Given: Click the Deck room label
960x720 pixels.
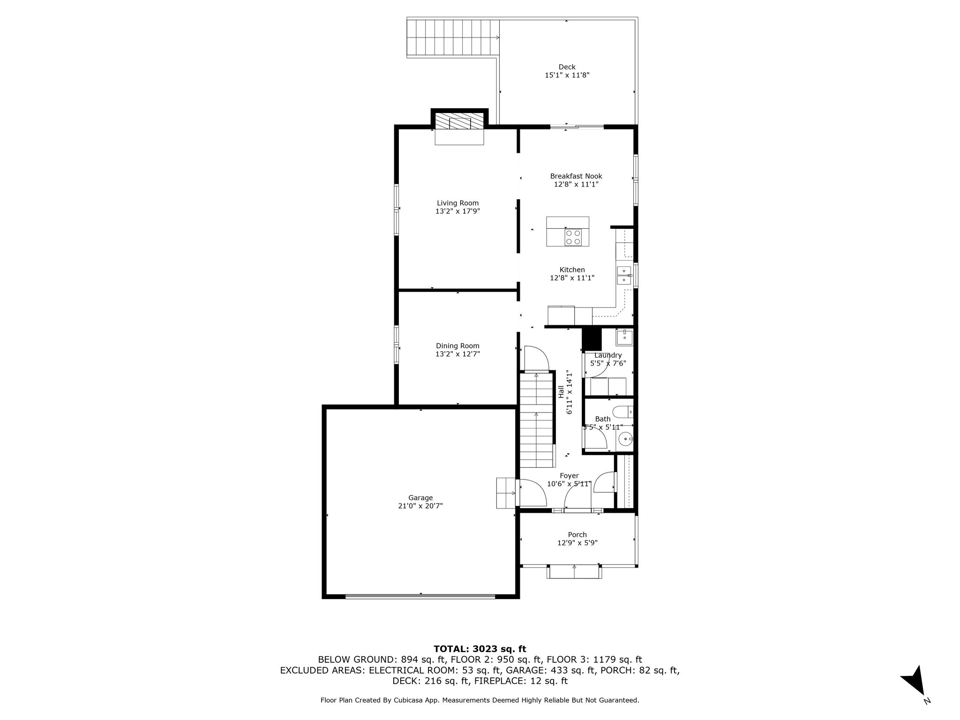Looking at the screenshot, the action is (567, 67).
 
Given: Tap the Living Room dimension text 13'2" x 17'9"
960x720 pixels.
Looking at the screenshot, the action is (457, 211).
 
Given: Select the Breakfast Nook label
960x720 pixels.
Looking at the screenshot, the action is (576, 176).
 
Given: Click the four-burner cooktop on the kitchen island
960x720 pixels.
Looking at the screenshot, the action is (573, 238).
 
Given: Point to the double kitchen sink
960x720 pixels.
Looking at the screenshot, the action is (624, 276).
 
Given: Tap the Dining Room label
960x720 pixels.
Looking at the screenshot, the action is (457, 346).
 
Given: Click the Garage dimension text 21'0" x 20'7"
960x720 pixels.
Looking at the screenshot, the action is (420, 506).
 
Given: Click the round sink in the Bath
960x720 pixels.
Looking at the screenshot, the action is (625, 440).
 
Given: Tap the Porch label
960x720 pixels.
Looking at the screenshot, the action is (577, 534).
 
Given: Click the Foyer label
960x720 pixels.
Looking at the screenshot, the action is (569, 476).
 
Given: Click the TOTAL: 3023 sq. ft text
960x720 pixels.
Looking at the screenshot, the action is (480, 649).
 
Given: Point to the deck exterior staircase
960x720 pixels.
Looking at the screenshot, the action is (453, 39).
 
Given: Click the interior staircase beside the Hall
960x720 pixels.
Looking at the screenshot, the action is (536, 420).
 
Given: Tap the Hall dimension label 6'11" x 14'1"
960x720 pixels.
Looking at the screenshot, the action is (570, 393).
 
